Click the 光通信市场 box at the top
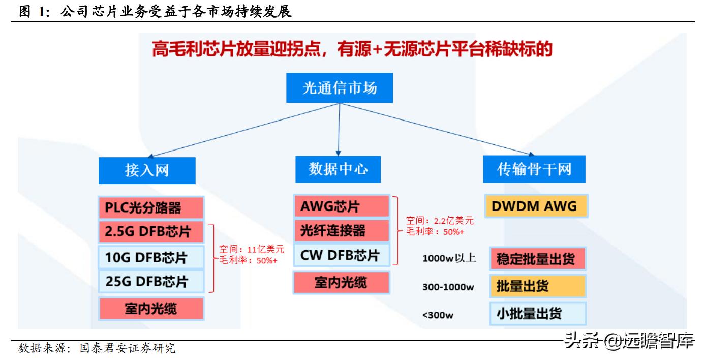pyautogui.click(x=340, y=88)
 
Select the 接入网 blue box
pyautogui.click(x=147, y=170)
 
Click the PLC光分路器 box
pyautogui.click(x=150, y=208)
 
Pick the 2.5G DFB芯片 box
pyautogui.click(x=150, y=232)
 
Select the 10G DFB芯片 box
pyautogui.click(x=150, y=257)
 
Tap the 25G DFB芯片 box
pyautogui.click(x=150, y=281)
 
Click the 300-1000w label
pyautogui.click(x=448, y=287)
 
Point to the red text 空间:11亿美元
pyautogui.click(x=252, y=250)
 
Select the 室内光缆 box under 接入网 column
pyautogui.click(x=150, y=308)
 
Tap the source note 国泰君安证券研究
pyautogui.click(x=127, y=349)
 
